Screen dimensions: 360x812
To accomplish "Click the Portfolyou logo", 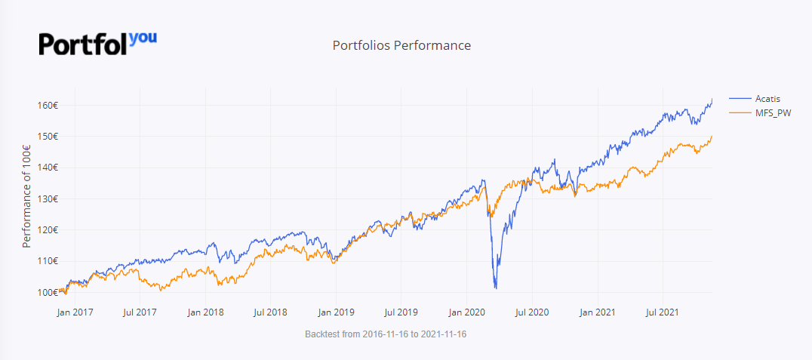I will point(97,43).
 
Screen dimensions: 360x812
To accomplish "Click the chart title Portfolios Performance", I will point(401,45).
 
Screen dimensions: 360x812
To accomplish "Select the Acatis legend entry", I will point(767,99).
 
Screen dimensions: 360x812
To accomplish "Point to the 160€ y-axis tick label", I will point(47,105).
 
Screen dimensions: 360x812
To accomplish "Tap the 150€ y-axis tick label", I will point(47,137).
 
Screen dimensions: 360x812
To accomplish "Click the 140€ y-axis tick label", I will point(47,168).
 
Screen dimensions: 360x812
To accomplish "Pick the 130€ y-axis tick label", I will point(47,198).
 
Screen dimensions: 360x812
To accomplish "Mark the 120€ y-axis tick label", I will point(47,229).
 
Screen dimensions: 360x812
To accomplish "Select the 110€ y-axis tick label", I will point(47,261).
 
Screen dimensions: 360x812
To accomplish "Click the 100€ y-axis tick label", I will point(47,292).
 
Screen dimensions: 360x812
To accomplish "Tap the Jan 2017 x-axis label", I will point(75,310).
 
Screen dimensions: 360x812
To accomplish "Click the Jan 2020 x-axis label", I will point(466,310).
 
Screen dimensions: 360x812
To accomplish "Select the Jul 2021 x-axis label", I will point(663,310).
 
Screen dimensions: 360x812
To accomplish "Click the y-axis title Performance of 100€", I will point(26,198).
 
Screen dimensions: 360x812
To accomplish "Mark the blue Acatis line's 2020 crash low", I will point(496,288).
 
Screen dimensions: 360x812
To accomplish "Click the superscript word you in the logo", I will point(143,37).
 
